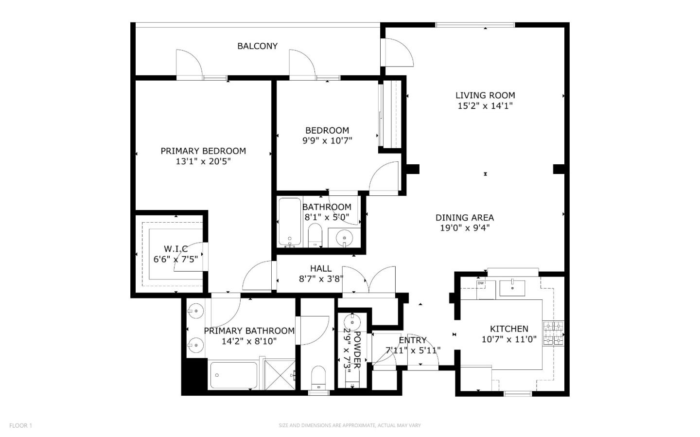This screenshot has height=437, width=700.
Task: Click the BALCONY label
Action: (257, 46)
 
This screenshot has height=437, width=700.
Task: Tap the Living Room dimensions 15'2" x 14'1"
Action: (485, 106)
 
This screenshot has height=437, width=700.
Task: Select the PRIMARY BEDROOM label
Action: (203, 151)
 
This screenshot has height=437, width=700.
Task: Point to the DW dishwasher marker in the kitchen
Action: (480, 283)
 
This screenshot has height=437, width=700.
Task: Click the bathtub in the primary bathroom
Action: (233, 375)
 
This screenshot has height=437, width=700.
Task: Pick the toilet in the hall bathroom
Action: (315, 236)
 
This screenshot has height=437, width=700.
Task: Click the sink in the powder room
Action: (351, 322)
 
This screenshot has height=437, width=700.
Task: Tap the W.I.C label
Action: (175, 249)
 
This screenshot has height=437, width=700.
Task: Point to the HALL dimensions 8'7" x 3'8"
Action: (321, 279)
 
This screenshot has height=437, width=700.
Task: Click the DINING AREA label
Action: (464, 218)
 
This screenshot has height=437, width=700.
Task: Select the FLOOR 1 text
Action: (20, 426)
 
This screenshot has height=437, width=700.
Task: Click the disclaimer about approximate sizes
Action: (350, 426)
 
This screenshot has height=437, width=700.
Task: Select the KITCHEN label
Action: (509, 329)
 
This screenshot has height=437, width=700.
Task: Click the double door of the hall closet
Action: (369, 280)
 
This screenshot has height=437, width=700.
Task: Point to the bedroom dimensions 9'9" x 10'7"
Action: (327, 141)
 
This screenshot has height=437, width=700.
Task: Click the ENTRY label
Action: (413, 340)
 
